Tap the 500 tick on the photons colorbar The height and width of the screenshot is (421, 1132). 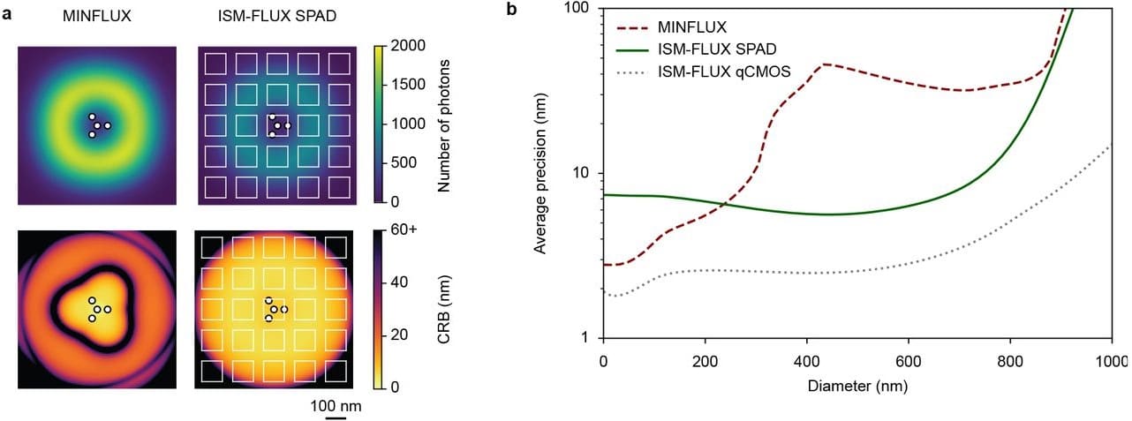(x=403, y=162)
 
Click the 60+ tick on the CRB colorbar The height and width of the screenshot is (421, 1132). (x=404, y=231)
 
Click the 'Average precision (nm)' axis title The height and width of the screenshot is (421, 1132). (x=542, y=174)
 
